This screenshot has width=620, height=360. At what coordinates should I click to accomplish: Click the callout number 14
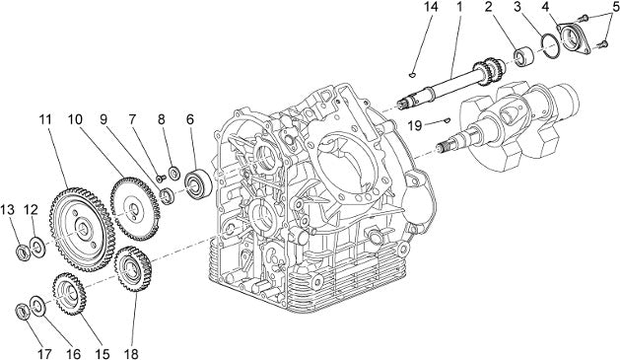431,7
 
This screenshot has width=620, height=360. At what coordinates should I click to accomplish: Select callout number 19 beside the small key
415,126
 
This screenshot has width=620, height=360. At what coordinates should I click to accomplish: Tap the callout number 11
45,119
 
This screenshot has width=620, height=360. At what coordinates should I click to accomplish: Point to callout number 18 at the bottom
131,353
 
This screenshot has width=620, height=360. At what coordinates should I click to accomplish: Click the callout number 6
190,119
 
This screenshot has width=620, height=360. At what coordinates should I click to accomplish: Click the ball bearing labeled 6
198,184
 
